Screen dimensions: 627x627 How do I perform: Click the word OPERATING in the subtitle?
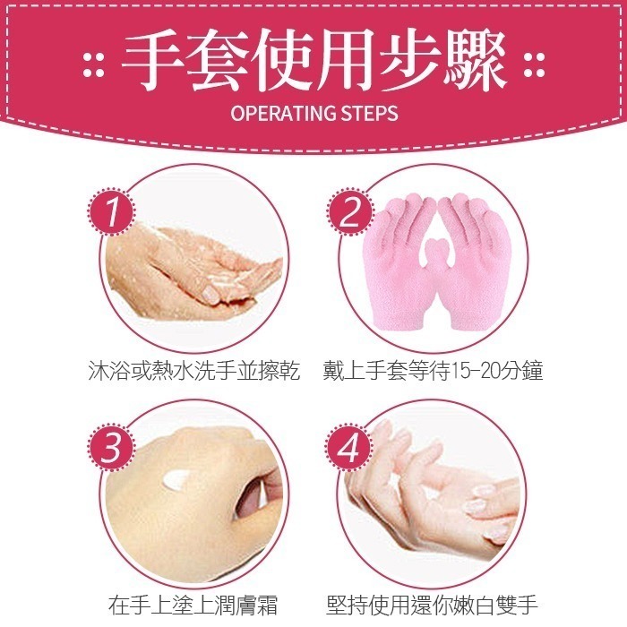tap(280, 115)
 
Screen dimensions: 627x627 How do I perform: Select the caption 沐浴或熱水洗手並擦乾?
tap(194, 370)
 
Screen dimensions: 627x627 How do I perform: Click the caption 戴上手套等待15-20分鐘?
tap(434, 370)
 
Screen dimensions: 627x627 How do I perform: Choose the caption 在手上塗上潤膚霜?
tap(194, 603)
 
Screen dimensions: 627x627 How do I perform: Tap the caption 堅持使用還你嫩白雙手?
tap(434, 603)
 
